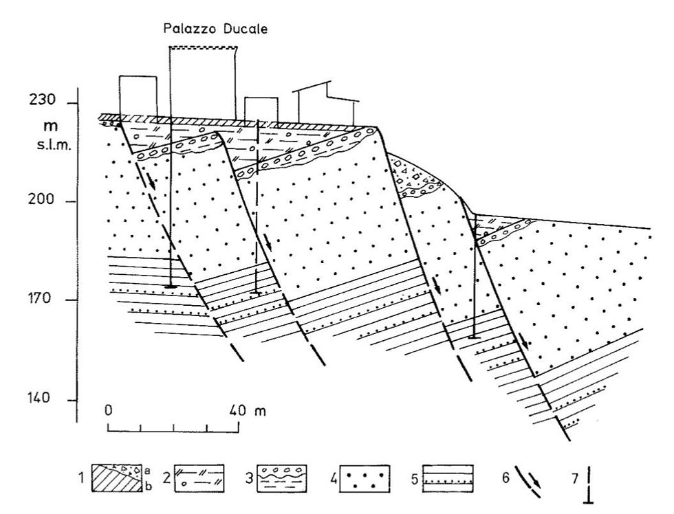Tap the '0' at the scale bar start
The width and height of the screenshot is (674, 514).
click(x=109, y=411)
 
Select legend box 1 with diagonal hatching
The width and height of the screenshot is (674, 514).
click(x=118, y=476)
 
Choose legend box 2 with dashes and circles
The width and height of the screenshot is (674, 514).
click(x=200, y=476)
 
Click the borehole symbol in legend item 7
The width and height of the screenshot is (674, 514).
click(x=587, y=481)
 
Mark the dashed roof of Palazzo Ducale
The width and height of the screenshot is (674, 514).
click(x=203, y=47)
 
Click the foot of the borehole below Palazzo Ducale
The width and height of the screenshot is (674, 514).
click(x=171, y=286)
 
